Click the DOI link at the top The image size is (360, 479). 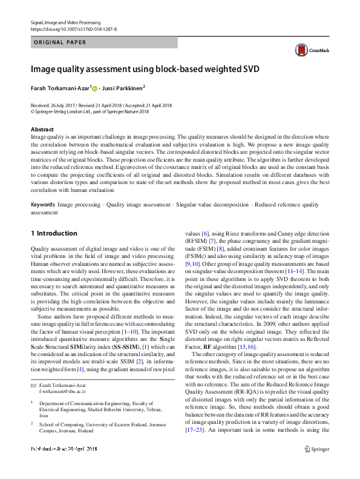point(73,28)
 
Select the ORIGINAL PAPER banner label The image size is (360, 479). point(59,42)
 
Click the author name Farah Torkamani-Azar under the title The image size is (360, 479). point(60,88)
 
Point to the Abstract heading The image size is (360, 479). point(42,130)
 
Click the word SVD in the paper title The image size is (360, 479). point(247,69)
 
